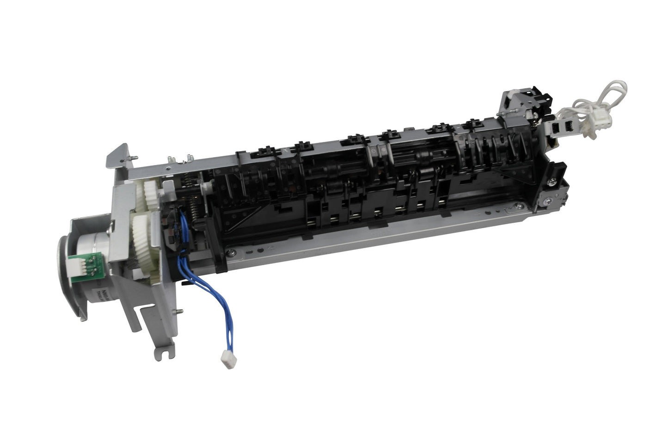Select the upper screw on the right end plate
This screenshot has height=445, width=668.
coord(552,183)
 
